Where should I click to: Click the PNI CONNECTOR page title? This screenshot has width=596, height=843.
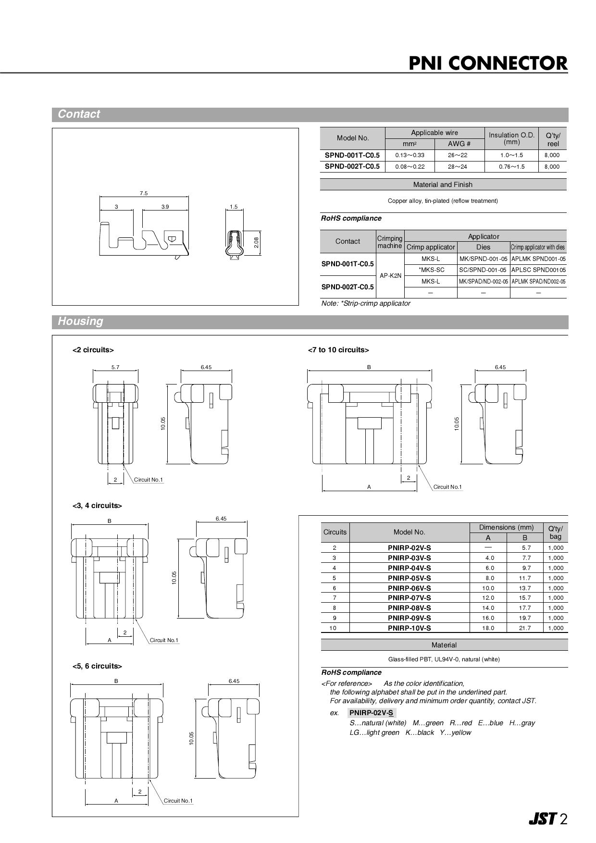click(x=487, y=63)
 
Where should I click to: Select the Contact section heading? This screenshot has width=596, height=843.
click(x=79, y=114)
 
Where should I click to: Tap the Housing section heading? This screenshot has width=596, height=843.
click(x=80, y=322)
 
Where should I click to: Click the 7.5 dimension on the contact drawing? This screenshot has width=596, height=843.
click(x=144, y=193)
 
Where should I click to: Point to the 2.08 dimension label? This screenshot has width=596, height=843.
click(x=256, y=243)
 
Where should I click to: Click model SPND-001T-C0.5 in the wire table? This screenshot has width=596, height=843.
click(x=352, y=155)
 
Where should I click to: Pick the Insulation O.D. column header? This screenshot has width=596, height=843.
click(x=511, y=138)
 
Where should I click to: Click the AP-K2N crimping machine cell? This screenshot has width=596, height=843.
click(x=390, y=276)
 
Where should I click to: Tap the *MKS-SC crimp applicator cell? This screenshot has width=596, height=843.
click(x=431, y=270)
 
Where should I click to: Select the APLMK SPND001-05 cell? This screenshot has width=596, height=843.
click(x=538, y=259)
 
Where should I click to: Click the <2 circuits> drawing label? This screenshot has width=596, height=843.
click(x=93, y=350)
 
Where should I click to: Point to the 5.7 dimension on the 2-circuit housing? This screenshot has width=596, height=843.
click(x=115, y=367)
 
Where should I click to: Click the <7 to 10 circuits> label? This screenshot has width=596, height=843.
click(x=338, y=350)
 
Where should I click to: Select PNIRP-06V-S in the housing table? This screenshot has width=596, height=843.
click(x=409, y=588)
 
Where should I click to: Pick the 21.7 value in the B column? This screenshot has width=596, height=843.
click(x=524, y=628)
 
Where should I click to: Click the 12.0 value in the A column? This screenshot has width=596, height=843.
click(x=488, y=598)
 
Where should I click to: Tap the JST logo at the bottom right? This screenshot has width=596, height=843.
click(x=542, y=819)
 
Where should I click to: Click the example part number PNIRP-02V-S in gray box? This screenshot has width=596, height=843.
click(x=371, y=713)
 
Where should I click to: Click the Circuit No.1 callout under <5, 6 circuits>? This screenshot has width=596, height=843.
click(x=178, y=801)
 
